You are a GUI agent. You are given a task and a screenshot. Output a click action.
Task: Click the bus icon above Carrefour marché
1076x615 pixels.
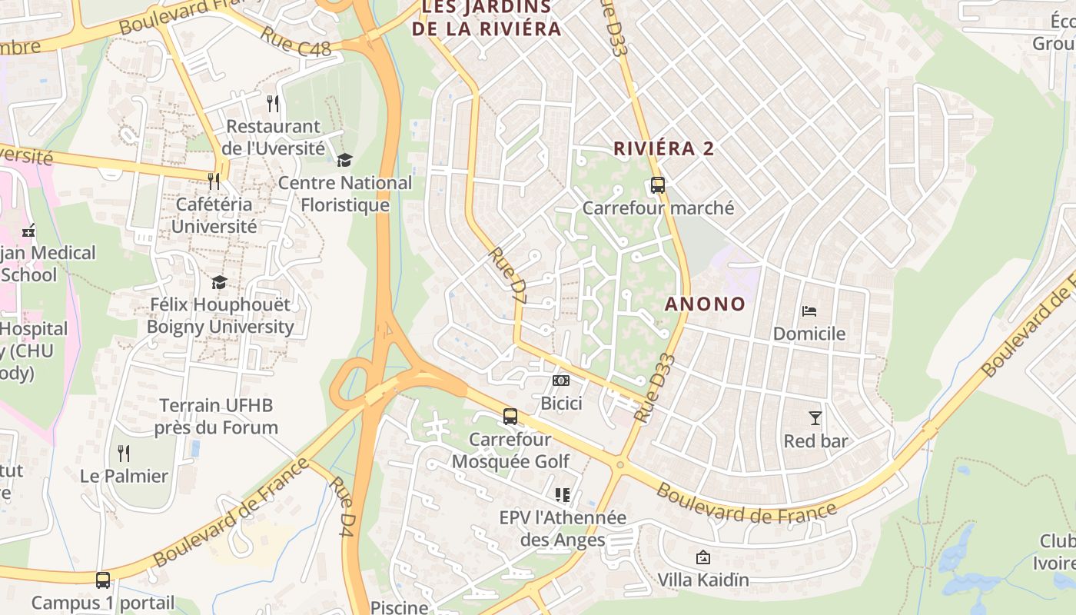pyautogui.click(x=658, y=185)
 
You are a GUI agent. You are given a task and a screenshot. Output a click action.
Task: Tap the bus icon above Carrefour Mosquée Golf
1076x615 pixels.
pyautogui.click(x=510, y=417)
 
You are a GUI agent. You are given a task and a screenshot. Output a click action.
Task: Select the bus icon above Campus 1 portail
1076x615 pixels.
pyautogui.click(x=103, y=580)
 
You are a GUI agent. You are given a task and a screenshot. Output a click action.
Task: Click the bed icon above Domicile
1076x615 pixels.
pyautogui.click(x=809, y=311)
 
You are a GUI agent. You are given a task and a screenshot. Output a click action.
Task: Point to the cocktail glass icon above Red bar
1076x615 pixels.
pyautogui.click(x=815, y=418)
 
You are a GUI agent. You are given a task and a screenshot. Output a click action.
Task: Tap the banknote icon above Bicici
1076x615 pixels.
pyautogui.click(x=562, y=381)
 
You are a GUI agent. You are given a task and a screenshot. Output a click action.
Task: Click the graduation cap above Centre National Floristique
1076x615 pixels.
pyautogui.click(x=345, y=160)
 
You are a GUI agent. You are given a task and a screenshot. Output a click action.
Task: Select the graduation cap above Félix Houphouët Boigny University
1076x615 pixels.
pyautogui.click(x=220, y=282)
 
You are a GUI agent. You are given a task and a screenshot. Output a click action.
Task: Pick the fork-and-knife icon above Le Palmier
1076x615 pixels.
pyautogui.click(x=124, y=454)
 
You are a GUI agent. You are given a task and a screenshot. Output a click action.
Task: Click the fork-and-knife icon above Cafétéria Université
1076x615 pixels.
pyautogui.click(x=214, y=181)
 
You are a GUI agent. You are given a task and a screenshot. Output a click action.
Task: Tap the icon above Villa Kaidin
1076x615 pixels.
pyautogui.click(x=702, y=557)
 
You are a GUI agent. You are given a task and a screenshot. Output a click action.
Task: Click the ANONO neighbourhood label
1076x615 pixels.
pyautogui.click(x=705, y=304)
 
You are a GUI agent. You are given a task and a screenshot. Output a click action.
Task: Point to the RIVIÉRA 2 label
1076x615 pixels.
pyautogui.click(x=664, y=149)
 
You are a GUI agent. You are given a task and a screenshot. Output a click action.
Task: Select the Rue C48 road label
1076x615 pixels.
pyautogui.click(x=295, y=42)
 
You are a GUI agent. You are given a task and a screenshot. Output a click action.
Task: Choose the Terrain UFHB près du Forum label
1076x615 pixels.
pyautogui.click(x=216, y=416)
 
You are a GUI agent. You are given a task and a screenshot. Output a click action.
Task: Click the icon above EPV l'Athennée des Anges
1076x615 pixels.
pyautogui.click(x=563, y=495)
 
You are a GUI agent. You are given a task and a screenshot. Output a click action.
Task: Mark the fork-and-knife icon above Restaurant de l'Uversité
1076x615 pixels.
pyautogui.click(x=273, y=103)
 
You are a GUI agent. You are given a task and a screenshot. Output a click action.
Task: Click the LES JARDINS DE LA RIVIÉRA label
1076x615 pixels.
pyautogui.click(x=487, y=18)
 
